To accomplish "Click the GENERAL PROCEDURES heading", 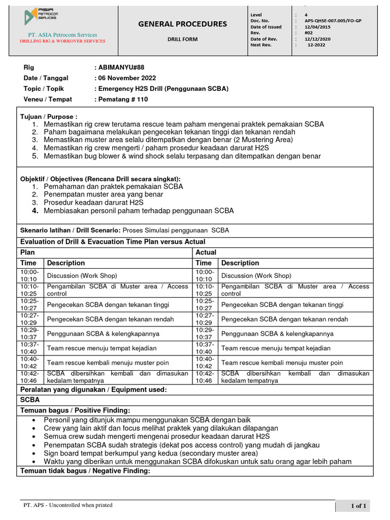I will pos(183,24).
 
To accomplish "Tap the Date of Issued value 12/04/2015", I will pos(317,27).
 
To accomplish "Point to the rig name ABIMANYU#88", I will pos(120,68).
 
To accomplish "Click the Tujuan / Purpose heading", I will pos(49,117).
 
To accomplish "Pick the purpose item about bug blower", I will pos(182,156).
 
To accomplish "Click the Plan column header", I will pos(27,252).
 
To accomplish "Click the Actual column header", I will pos(206,252).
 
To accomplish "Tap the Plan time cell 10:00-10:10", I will pos(28,276).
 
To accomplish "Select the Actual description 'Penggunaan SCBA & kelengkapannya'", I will pos(277,334).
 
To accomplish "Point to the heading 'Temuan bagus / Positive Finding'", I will pos(75,410).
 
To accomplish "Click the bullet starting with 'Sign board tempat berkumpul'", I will pos(151,453).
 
